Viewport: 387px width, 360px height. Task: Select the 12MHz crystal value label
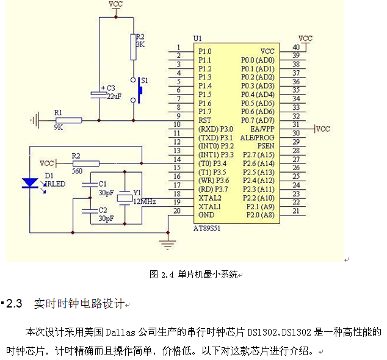pyautogui.click(x=144, y=201)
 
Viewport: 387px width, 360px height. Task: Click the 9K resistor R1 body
pyautogui.click(x=68, y=120)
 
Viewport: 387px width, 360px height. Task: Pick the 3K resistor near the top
pyautogui.click(x=132, y=47)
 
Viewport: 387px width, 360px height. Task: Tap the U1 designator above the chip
pyautogui.click(x=197, y=38)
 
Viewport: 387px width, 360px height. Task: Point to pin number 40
pyautogui.click(x=295, y=48)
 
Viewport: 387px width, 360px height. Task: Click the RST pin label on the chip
pyautogui.click(x=204, y=121)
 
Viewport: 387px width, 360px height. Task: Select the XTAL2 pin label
pyautogui.click(x=209, y=198)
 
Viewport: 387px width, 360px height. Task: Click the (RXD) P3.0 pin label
pyautogui.click(x=215, y=129)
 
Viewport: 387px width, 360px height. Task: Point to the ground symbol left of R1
pyautogui.click(x=35, y=120)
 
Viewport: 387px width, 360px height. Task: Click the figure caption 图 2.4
pyautogui.click(x=162, y=275)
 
